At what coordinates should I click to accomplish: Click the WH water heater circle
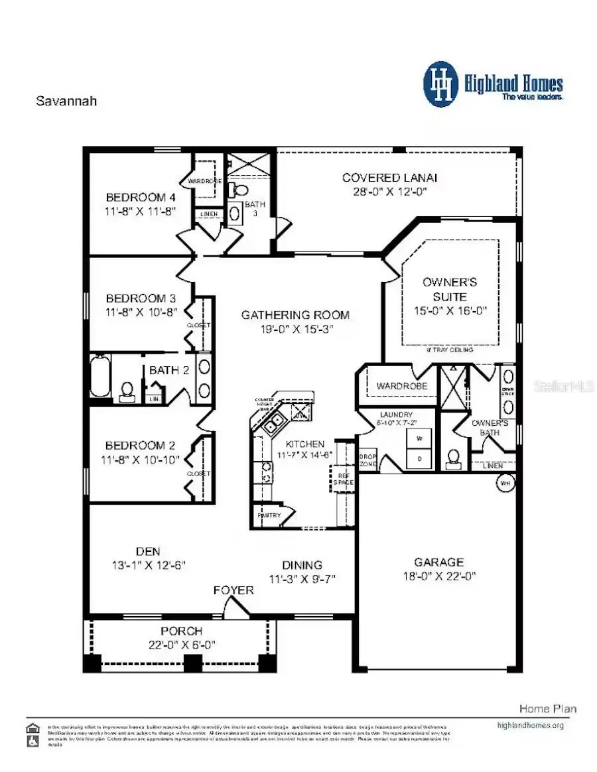point(505,483)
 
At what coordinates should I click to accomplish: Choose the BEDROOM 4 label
point(141,197)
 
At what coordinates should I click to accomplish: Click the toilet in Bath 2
point(127,393)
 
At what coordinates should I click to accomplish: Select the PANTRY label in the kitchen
point(269,515)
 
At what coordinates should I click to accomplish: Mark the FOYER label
point(233,590)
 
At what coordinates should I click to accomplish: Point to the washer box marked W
point(419,438)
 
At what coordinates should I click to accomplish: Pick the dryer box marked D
point(419,458)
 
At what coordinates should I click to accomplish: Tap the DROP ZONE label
point(367,461)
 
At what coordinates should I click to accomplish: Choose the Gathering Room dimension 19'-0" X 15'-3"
point(295,328)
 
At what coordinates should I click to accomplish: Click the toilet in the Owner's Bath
point(454,457)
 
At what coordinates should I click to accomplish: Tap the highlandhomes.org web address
point(530,725)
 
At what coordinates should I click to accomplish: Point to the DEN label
point(148,551)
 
